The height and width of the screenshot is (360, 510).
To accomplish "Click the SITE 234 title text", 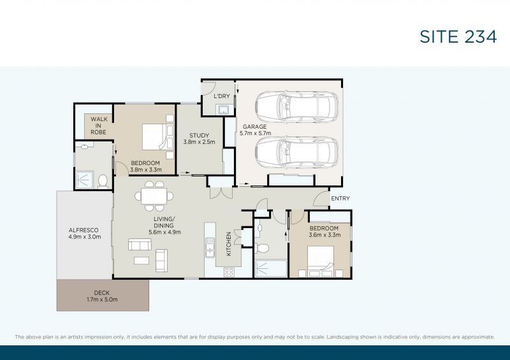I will [458, 37].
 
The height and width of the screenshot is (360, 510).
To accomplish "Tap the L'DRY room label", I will [222, 96].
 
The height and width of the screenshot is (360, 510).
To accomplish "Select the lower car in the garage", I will [297, 152].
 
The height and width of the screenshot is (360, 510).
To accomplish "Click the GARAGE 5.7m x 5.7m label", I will [255, 130].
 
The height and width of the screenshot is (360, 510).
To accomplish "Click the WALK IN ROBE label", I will [98, 125].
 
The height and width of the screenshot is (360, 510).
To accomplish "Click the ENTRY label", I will [340, 199].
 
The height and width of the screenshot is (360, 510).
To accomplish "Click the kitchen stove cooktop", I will [229, 272].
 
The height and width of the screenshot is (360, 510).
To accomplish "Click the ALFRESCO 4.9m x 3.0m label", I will [84, 234].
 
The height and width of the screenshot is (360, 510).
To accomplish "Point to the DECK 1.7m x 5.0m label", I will [102, 296].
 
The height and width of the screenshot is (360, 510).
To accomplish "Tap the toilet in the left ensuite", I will [103, 181].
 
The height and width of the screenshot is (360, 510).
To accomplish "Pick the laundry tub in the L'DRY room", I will [223, 110].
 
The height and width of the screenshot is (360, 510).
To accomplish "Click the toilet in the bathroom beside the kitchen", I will [261, 247].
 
